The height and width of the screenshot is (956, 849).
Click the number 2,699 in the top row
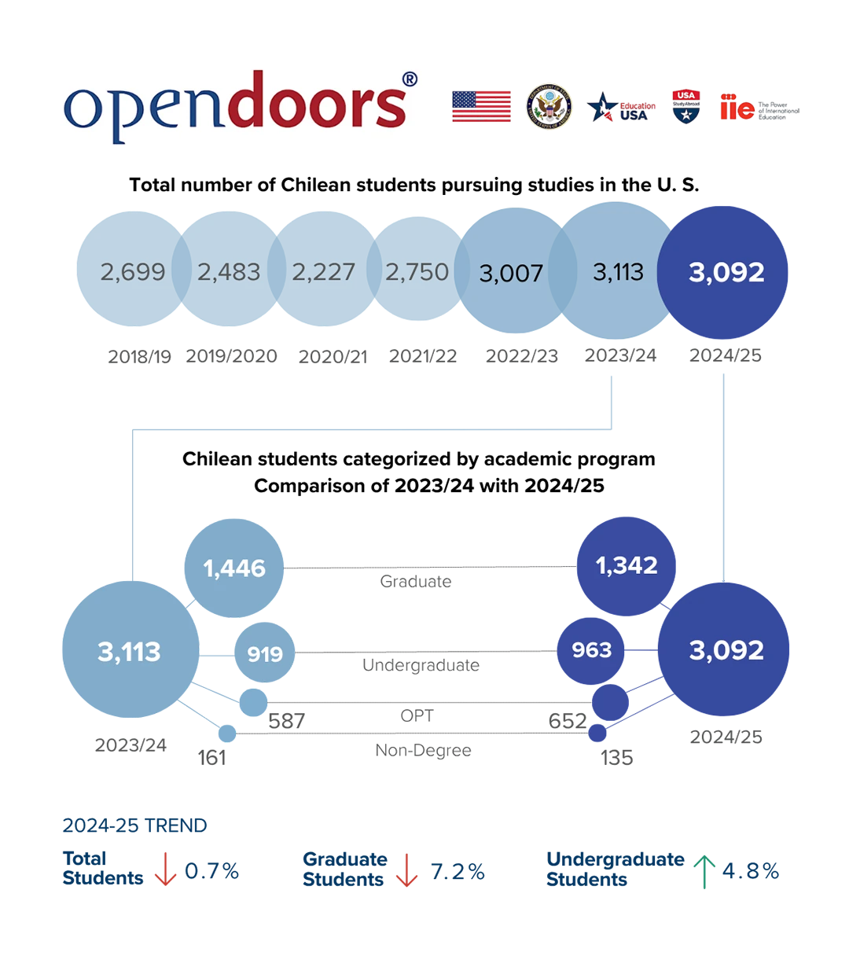coord(133,272)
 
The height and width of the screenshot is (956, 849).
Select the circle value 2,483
coord(229,272)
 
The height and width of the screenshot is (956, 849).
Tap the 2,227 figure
coord(323,272)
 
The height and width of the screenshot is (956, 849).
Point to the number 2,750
coord(417,272)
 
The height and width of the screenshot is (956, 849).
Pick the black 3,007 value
coord(511,274)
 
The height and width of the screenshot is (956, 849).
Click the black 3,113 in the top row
coord(618,272)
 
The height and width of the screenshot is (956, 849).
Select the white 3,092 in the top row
coord(726,272)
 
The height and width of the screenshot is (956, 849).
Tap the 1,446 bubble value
coord(234,568)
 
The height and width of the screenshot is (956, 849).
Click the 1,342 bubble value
coord(627,564)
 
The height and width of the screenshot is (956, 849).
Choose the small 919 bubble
coord(265,654)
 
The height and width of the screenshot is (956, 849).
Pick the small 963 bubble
coord(591,649)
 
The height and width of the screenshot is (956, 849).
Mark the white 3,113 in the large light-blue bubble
coord(129,651)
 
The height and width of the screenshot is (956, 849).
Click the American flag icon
coord(481,106)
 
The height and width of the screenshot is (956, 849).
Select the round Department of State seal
coord(549,106)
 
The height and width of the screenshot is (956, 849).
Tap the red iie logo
coord(736,108)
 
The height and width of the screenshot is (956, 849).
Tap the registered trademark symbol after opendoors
coord(410,79)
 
